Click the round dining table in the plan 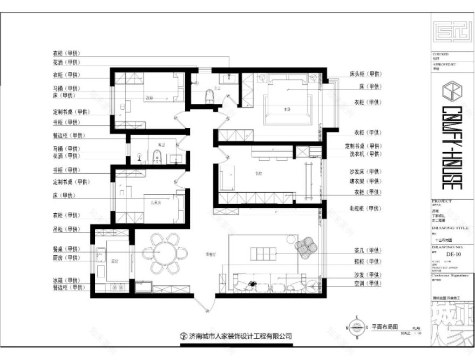pos(162,253)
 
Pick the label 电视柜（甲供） pos(365,208)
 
